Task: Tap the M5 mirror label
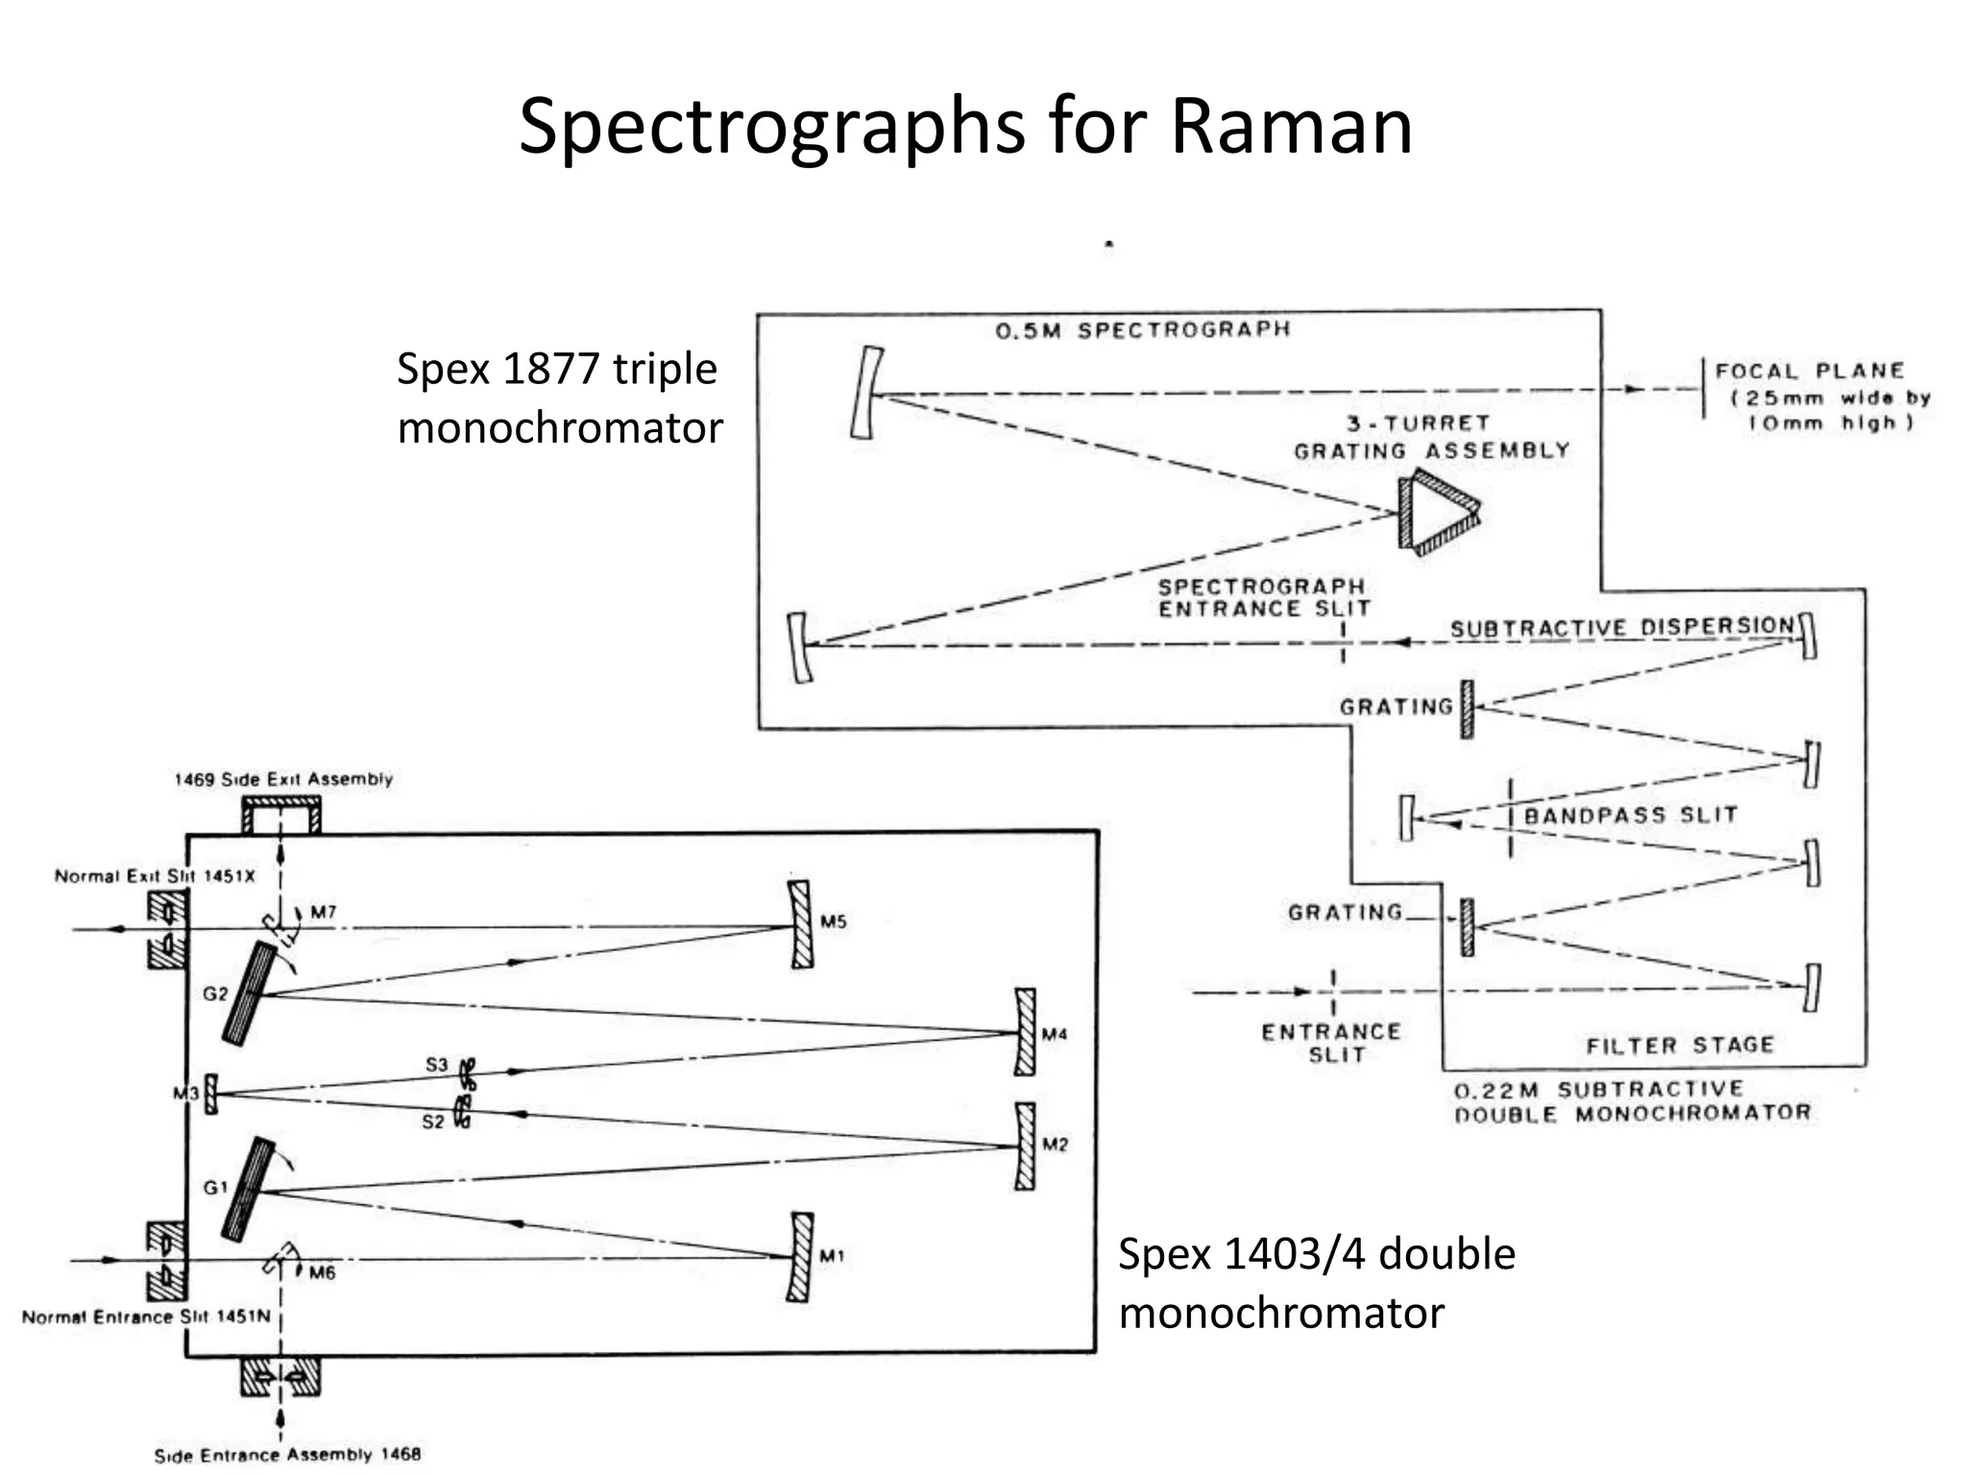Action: [833, 922]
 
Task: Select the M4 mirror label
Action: [1055, 1034]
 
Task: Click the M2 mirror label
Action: [1055, 1145]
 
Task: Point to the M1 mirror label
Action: [832, 1256]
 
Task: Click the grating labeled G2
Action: [248, 994]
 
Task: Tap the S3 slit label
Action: [437, 1064]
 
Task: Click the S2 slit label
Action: [433, 1122]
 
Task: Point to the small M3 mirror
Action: [211, 1094]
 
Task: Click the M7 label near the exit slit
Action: [324, 911]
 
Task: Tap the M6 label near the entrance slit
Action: [322, 1273]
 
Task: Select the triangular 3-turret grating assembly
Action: [1437, 512]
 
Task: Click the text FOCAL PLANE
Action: [1809, 372]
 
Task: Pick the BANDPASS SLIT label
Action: [1630, 816]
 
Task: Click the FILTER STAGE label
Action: [1679, 1045]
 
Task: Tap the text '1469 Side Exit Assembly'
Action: [283, 780]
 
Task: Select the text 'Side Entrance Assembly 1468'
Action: [287, 1454]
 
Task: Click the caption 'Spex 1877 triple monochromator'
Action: [559, 399]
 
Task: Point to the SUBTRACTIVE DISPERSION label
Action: [1621, 628]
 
